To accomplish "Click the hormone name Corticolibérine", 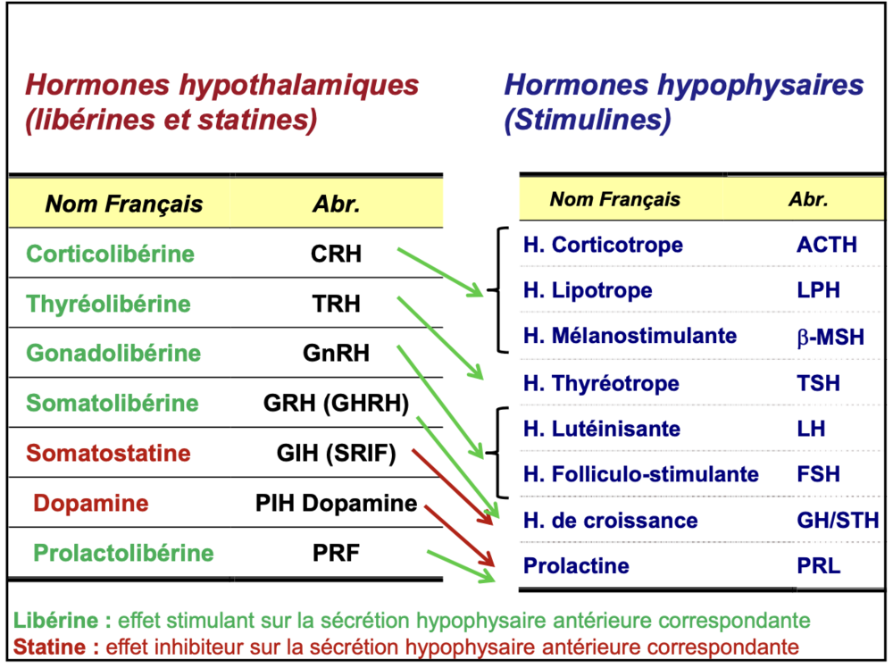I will (111, 254).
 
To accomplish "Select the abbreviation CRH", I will (336, 254).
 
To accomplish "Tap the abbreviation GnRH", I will (336, 354).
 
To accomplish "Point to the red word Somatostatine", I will (108, 453).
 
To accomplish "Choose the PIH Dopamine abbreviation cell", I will (336, 504).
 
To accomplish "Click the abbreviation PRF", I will (336, 554).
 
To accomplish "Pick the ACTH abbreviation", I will (826, 245).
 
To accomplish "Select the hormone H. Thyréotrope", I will (601, 384).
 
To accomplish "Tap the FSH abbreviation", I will (818, 473).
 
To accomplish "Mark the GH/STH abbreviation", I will (837, 521).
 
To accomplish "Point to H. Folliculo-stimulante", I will (640, 473).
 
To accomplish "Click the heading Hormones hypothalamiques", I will (222, 86).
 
